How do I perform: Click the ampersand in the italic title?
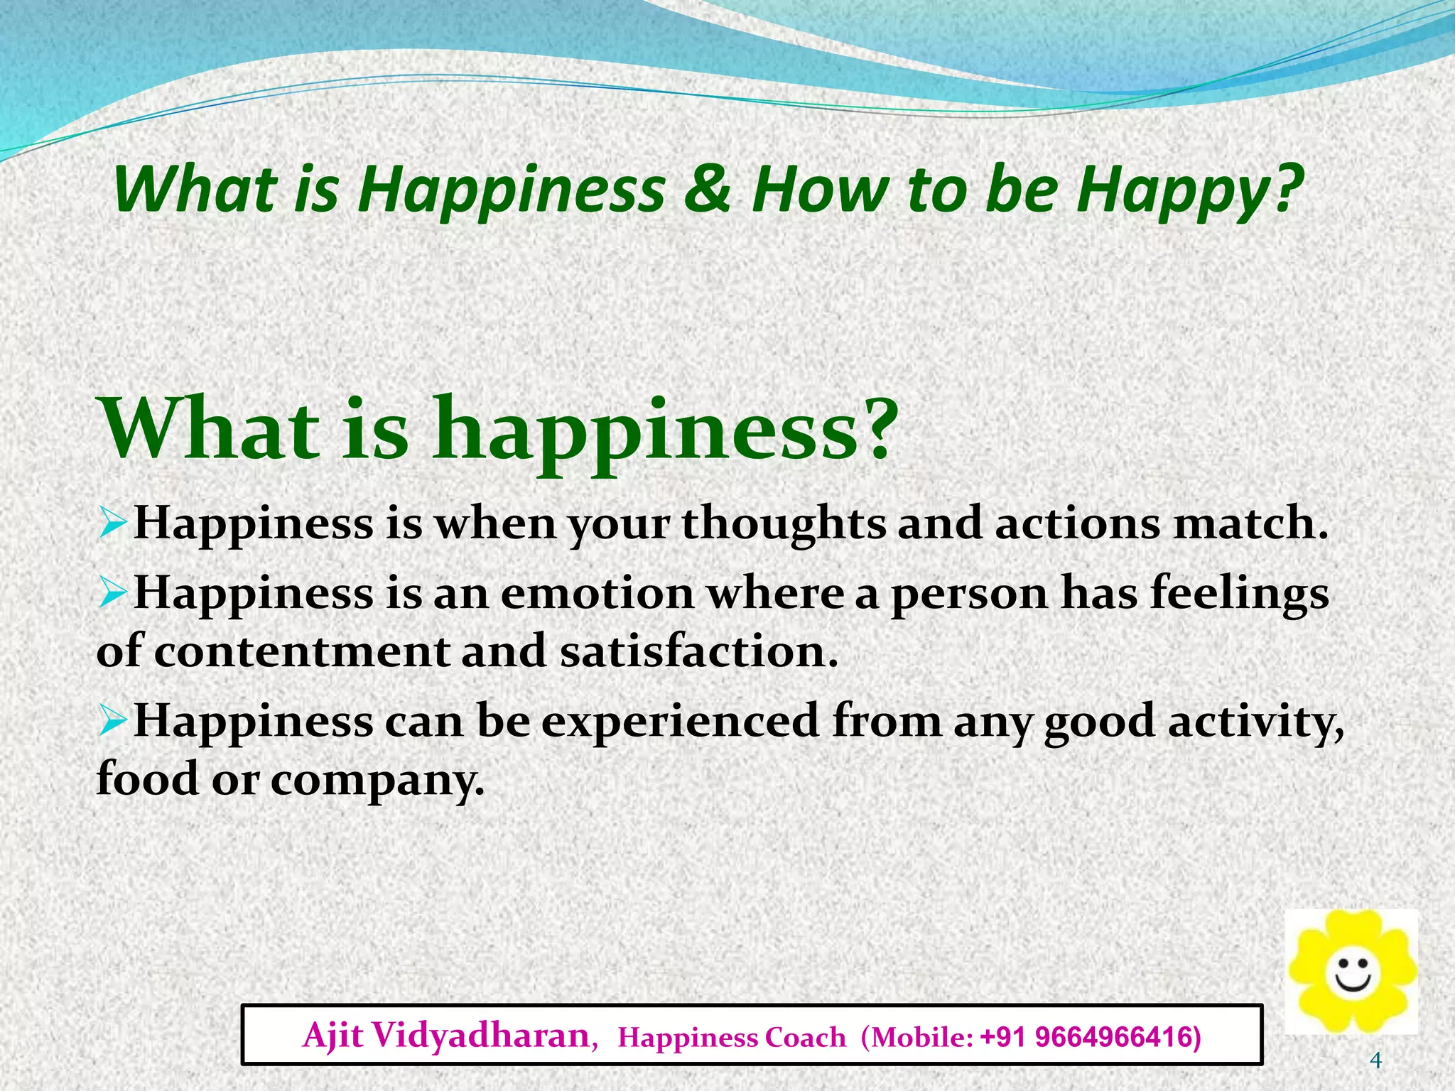coord(707,190)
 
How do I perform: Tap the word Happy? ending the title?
coord(1189,192)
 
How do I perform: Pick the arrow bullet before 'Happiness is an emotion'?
coord(112,593)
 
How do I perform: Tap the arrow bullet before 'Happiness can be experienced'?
coord(112,721)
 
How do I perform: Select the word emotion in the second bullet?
coord(597,593)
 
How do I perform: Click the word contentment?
coord(302,651)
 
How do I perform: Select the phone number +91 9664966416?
coord(1091,1037)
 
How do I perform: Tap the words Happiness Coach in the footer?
coord(732,1038)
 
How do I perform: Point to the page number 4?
coord(1375,1061)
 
